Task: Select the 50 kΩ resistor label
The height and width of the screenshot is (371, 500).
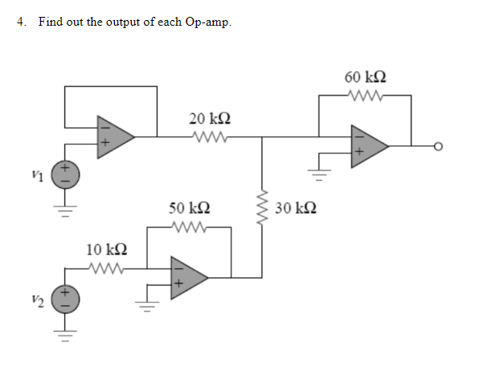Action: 190,208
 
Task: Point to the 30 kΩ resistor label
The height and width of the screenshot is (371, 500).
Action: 295,209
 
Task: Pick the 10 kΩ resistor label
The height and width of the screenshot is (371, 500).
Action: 105,251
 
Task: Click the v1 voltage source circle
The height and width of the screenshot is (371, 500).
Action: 66,174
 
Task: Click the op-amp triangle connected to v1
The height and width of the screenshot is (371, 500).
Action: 113,136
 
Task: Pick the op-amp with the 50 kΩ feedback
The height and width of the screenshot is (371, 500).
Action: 187,277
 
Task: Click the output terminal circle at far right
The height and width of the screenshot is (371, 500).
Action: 438,147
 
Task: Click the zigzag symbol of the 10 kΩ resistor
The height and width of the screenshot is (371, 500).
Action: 106,268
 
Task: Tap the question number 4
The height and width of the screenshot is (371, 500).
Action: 22,22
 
